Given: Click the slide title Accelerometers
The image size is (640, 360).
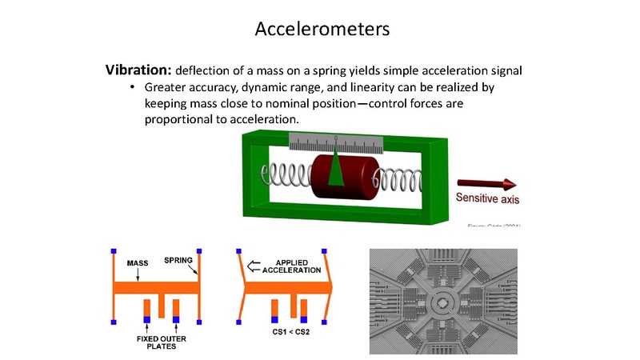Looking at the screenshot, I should point(322,29).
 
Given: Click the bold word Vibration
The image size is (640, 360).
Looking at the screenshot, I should point(138,69).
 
